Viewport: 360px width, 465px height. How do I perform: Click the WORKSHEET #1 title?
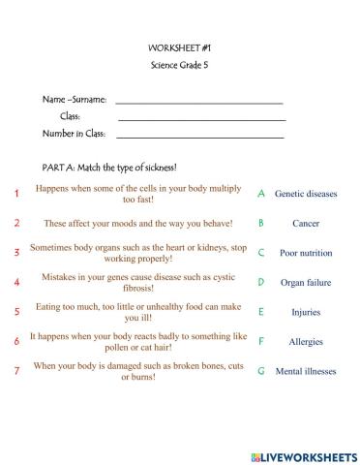point(179,46)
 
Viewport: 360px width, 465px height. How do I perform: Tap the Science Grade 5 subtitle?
point(179,65)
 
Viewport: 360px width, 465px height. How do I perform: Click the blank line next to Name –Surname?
point(198,102)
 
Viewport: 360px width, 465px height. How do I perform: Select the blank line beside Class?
point(200,119)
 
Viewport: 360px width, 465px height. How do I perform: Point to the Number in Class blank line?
point(200,137)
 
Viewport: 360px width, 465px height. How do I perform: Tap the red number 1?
point(16,194)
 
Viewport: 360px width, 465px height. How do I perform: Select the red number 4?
point(16,283)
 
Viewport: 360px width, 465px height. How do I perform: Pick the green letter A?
point(261,194)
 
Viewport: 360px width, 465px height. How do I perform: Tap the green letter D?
point(261,283)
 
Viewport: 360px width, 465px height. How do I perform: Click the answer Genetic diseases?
point(306,194)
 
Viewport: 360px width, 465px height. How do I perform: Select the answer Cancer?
point(306,223)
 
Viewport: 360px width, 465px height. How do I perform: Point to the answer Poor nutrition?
point(306,253)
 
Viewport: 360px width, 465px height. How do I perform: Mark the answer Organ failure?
point(306,283)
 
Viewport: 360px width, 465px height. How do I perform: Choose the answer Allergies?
point(306,342)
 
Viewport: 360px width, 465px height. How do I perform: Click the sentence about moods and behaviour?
point(138,223)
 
